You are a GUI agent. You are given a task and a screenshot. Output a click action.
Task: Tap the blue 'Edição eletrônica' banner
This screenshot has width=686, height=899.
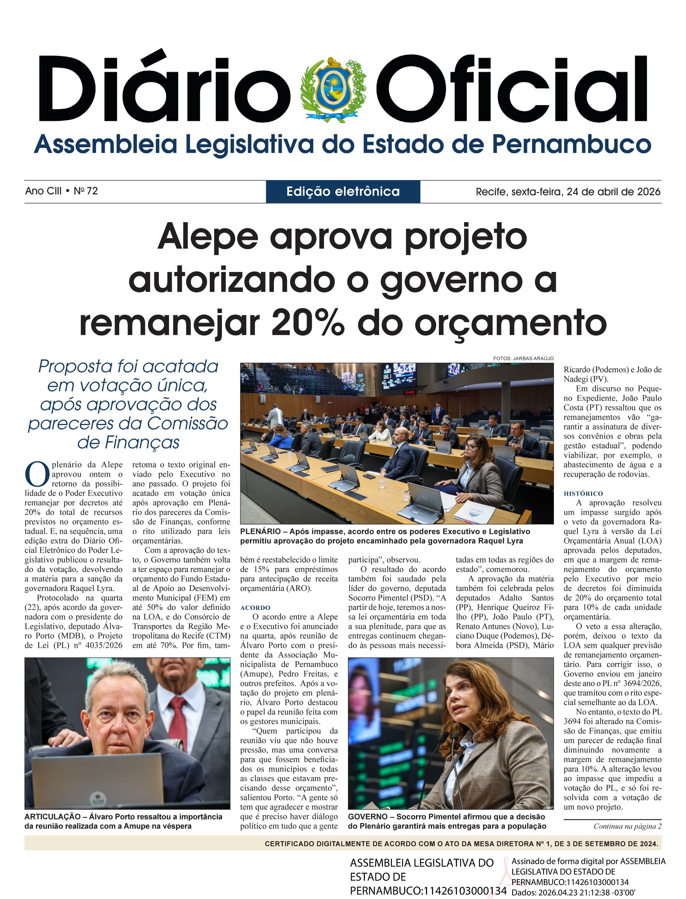point(343,191)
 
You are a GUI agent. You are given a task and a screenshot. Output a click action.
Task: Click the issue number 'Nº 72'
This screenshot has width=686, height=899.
point(86,191)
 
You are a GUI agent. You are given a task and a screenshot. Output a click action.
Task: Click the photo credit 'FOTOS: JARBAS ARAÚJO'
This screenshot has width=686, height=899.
point(523,358)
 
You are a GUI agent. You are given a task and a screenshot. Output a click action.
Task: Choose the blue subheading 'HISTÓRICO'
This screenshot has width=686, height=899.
point(583,494)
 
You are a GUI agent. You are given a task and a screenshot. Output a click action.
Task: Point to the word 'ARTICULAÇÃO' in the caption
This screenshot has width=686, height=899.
point(53,817)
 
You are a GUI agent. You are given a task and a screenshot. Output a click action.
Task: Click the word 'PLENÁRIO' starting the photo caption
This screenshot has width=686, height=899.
point(261,531)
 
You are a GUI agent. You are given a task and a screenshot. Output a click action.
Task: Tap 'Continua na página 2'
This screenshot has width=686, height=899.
point(627,826)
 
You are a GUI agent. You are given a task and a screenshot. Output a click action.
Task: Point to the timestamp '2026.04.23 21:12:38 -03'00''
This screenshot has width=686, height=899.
point(586,893)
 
